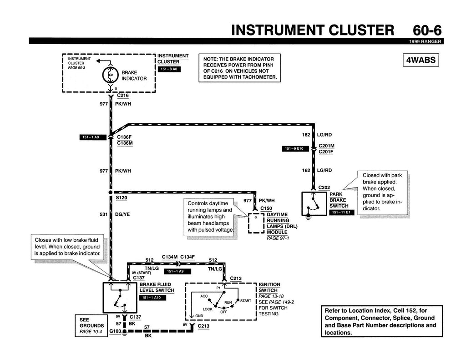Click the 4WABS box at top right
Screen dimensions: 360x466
[x=420, y=60]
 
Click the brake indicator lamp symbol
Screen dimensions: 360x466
[x=109, y=74]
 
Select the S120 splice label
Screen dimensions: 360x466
[x=122, y=198]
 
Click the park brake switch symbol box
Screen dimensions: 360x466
[x=314, y=203]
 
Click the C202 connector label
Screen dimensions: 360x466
[x=324, y=187]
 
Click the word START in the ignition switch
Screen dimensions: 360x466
[x=245, y=301]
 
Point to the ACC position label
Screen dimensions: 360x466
[x=204, y=296]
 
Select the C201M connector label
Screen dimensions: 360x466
[x=327, y=146]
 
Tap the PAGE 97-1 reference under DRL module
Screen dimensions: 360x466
[x=278, y=238]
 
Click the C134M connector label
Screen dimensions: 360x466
[x=169, y=257]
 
